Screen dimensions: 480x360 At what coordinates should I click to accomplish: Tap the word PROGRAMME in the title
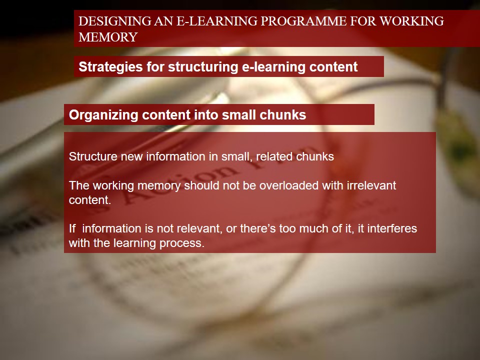(x=303, y=21)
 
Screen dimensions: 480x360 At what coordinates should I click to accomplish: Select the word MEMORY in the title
(x=108, y=37)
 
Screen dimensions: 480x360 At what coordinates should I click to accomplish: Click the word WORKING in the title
(x=411, y=21)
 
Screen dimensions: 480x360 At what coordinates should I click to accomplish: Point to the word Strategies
(x=110, y=67)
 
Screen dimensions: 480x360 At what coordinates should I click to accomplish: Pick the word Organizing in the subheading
(x=103, y=115)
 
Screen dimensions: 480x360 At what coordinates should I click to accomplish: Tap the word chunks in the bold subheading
(x=283, y=115)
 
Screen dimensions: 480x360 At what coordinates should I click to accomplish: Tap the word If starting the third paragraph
(x=72, y=228)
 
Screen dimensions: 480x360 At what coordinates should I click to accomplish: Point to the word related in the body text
(x=274, y=156)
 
